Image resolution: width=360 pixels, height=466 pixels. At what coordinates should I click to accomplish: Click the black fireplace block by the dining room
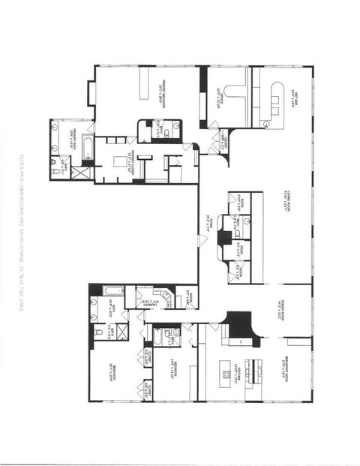click(x=241, y=323)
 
